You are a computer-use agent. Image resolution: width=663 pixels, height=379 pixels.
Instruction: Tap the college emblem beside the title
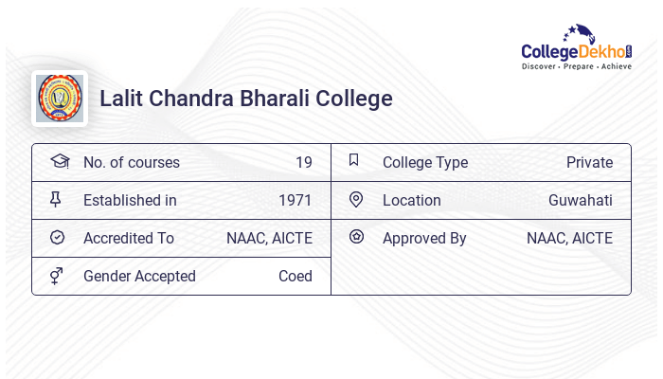click(60, 99)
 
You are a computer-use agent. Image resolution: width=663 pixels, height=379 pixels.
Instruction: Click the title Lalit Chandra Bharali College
click(246, 99)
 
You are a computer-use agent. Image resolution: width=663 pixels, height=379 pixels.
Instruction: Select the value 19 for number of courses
click(303, 163)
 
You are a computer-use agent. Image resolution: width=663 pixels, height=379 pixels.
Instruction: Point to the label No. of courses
click(132, 163)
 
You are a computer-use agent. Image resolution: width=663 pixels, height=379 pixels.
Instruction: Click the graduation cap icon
click(59, 162)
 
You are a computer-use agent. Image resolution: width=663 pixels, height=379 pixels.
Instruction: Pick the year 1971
click(296, 201)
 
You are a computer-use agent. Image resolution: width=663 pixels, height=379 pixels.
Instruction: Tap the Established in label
click(130, 201)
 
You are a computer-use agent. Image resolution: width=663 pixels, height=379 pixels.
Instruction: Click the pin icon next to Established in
click(56, 200)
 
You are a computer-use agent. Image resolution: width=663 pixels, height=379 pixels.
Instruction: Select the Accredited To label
click(129, 239)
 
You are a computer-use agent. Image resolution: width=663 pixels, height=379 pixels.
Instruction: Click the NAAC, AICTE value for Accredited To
click(269, 239)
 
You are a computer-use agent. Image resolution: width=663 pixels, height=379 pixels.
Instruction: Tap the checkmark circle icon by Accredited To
click(57, 238)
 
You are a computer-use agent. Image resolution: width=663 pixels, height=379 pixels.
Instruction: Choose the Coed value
click(296, 277)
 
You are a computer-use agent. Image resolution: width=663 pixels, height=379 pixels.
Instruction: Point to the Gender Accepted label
click(139, 277)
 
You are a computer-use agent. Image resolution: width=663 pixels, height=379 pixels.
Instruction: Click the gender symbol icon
click(57, 276)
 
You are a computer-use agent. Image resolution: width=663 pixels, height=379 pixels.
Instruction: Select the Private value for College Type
click(589, 163)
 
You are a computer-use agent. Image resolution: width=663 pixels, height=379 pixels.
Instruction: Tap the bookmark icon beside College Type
click(354, 160)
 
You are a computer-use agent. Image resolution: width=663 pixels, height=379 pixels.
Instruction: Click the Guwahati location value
click(581, 201)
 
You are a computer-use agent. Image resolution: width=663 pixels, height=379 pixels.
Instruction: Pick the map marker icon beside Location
click(356, 200)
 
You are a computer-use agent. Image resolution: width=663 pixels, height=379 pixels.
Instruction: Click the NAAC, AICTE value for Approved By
click(569, 239)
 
